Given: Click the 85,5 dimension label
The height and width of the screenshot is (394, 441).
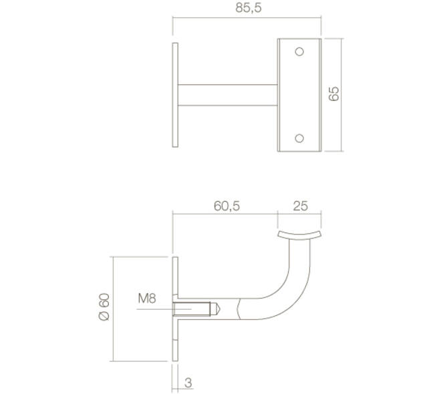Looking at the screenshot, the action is click(x=249, y=8).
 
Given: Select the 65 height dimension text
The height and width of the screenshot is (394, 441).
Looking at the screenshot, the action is click(x=334, y=94).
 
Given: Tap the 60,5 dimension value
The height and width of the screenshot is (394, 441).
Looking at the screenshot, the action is click(x=227, y=206).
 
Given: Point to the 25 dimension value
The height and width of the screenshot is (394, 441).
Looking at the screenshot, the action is click(x=301, y=206).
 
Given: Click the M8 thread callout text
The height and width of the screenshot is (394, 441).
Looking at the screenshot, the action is click(x=147, y=298).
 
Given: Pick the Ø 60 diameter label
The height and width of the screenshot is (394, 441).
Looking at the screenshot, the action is click(x=104, y=307).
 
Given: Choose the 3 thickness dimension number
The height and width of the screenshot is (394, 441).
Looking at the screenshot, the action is click(x=188, y=383).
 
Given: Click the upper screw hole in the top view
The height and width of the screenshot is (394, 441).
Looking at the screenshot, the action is click(x=299, y=51).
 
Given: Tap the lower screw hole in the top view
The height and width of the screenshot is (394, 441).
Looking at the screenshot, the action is click(x=299, y=138).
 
